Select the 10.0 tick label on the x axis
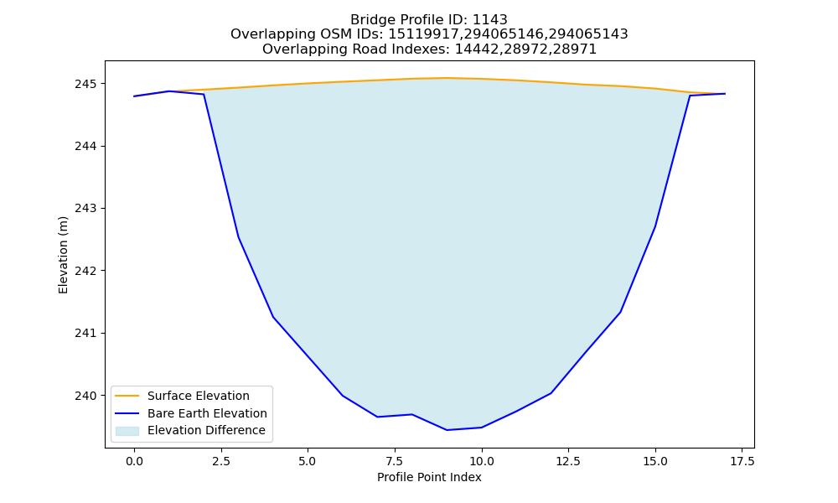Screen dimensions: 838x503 pyautogui.click(x=482, y=461)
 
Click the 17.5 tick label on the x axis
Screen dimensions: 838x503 pyautogui.click(x=742, y=461)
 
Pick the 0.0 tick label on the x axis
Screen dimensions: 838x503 pyautogui.click(x=134, y=461)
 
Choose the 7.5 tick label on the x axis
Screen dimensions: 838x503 pyautogui.click(x=395, y=461)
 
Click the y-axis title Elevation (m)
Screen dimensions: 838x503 pyautogui.click(x=63, y=255)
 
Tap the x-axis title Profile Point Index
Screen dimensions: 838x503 pyautogui.click(x=429, y=477)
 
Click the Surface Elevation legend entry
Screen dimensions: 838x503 pyautogui.click(x=199, y=396)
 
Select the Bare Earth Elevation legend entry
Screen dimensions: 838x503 pyautogui.click(x=207, y=413)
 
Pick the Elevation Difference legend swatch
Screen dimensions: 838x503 pyautogui.click(x=127, y=431)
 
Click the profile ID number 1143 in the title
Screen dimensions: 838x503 pyautogui.click(x=489, y=20)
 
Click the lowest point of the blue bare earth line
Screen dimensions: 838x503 pyautogui.click(x=447, y=430)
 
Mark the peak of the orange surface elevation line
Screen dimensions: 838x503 pyautogui.click(x=447, y=78)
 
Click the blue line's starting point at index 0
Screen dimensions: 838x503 pyautogui.click(x=134, y=96)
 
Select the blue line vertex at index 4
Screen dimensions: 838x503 pyautogui.click(x=273, y=317)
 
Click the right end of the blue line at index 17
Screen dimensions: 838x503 pyautogui.click(x=725, y=94)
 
